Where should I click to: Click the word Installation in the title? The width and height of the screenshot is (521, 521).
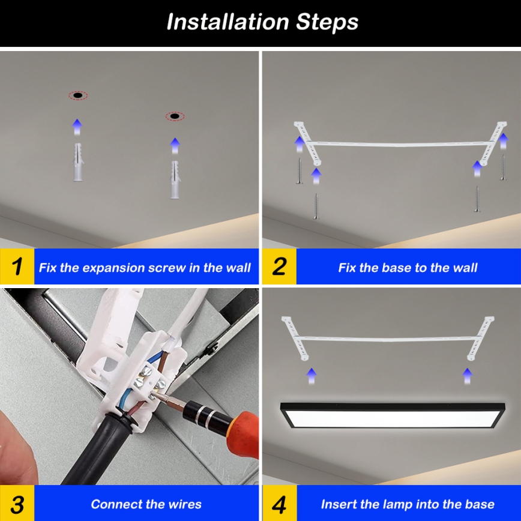[228, 22]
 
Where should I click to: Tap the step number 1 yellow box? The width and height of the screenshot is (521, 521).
[17, 267]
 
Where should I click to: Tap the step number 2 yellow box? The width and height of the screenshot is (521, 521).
[279, 267]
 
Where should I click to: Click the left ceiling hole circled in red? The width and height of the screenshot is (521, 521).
[77, 95]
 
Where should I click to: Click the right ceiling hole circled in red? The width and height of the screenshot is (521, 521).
[175, 116]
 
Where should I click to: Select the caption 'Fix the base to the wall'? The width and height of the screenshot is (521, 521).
[408, 268]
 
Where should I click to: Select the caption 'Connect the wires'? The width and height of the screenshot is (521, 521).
[146, 504]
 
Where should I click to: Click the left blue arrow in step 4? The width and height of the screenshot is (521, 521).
[311, 376]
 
